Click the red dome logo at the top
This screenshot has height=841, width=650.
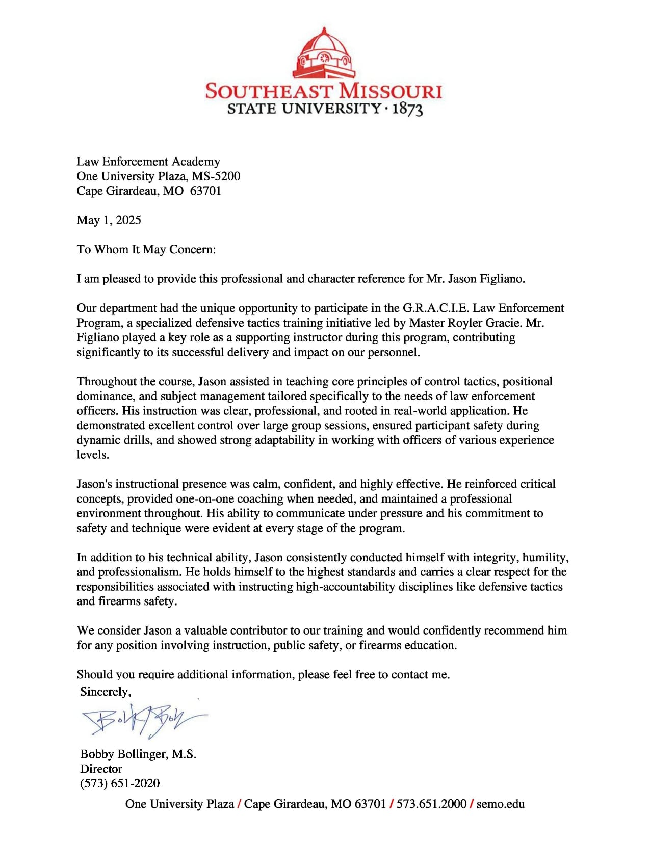tap(324, 53)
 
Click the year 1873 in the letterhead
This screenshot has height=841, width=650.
tap(407, 109)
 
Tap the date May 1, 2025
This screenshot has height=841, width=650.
tap(109, 220)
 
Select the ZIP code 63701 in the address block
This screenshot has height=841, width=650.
tap(205, 191)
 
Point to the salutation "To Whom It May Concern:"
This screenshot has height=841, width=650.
tap(146, 250)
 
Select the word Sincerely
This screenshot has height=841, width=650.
tap(105, 692)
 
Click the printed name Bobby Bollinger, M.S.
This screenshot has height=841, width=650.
tap(138, 754)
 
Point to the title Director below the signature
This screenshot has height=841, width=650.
tap(101, 769)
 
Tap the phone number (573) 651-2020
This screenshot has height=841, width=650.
tap(120, 783)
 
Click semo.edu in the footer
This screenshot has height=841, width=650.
tap(501, 804)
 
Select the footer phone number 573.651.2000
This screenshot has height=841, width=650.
tap(431, 804)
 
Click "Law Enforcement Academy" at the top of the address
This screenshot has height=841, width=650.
tap(148, 162)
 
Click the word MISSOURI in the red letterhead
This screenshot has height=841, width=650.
tap(390, 91)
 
